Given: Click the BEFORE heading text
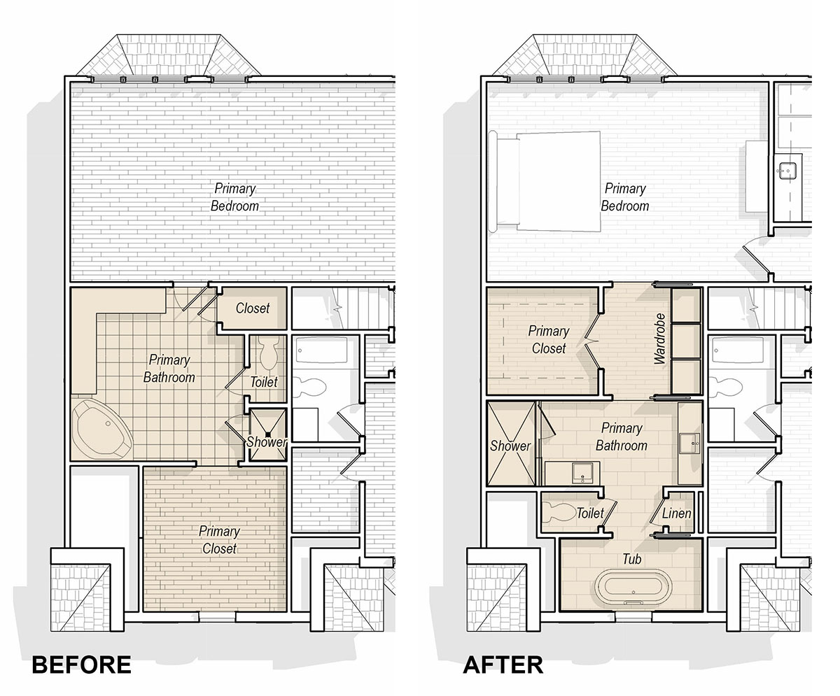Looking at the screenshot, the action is (x=81, y=665).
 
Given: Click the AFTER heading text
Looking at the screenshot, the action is (x=503, y=665).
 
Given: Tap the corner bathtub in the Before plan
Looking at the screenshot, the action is (x=103, y=429).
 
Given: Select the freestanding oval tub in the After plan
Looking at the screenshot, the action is (x=633, y=588).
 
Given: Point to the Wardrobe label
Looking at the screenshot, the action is (x=660, y=339).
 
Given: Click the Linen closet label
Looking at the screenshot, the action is (x=677, y=513).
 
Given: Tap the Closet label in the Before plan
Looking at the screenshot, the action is (x=252, y=308).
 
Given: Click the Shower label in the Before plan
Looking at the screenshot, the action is (x=266, y=442).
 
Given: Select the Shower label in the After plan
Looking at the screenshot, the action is (x=510, y=446).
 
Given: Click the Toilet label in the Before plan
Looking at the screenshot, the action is (x=263, y=381).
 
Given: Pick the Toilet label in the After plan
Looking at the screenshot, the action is (x=590, y=513).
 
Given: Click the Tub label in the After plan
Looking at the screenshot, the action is (x=631, y=559).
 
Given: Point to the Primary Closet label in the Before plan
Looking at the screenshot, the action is (x=219, y=539).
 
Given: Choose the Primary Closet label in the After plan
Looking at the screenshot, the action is (x=549, y=340).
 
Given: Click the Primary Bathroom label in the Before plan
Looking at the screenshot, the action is (x=169, y=369).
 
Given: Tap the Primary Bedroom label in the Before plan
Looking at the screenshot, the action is (x=234, y=197).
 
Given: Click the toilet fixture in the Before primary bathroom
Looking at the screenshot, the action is (x=269, y=353).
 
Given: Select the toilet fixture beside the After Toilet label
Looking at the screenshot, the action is (x=560, y=512).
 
